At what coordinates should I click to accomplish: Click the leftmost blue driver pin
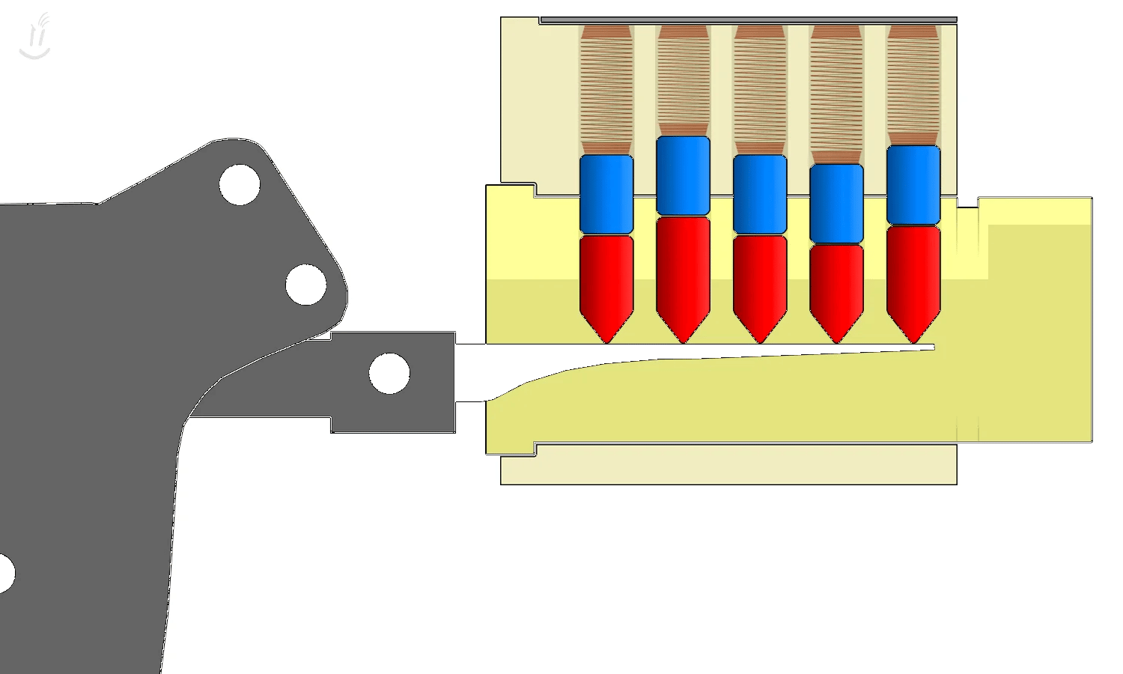(606, 195)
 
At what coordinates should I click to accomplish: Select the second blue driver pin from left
(683, 176)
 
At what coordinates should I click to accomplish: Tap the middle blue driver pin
(760, 195)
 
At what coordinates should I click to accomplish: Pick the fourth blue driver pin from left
(836, 204)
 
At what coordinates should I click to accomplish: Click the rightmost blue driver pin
(913, 185)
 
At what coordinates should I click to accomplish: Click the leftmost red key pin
(606, 281)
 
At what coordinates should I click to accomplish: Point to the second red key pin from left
(683, 271)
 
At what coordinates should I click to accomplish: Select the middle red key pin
(760, 281)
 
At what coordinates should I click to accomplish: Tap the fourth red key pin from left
(836, 286)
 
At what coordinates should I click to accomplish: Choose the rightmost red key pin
(913, 276)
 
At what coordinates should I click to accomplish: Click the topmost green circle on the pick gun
(240, 184)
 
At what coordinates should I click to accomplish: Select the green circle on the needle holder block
(389, 373)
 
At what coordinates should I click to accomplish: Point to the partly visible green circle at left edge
(5, 573)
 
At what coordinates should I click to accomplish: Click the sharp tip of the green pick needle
(931, 347)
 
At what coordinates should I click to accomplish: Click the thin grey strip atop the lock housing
(749, 20)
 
